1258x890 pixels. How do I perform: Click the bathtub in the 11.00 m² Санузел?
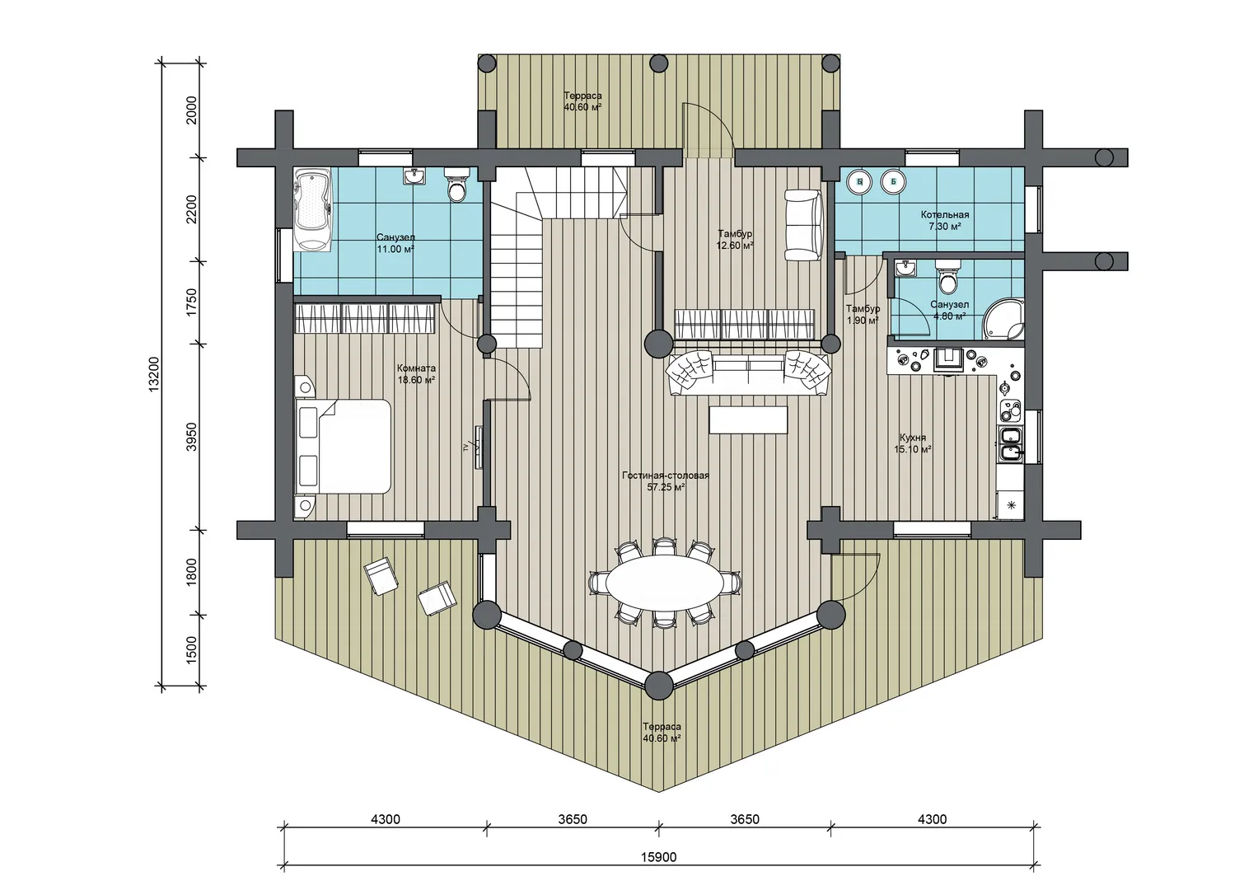click(x=313, y=209)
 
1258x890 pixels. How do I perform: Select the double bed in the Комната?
click(x=343, y=447)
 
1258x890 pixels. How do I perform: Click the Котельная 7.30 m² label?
click(x=945, y=221)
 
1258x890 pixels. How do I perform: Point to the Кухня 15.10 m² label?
click(x=913, y=443)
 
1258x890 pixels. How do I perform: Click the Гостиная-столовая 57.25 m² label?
click(x=666, y=481)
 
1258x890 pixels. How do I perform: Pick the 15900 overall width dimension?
click(x=659, y=857)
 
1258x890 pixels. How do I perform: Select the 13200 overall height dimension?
click(x=154, y=373)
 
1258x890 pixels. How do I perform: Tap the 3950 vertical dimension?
click(x=192, y=437)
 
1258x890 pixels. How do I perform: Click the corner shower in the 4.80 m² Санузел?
click(x=1004, y=319)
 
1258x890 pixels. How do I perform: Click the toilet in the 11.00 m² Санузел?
click(x=456, y=185)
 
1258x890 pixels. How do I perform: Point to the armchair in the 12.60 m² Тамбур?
click(x=804, y=225)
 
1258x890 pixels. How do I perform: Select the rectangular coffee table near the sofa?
click(x=748, y=419)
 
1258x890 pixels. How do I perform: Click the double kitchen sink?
click(x=1010, y=443)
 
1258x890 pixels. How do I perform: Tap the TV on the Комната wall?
click(x=478, y=447)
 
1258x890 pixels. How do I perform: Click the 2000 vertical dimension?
click(x=192, y=110)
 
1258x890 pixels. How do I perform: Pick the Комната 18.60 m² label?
click(x=416, y=374)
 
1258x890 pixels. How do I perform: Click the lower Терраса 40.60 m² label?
click(x=662, y=732)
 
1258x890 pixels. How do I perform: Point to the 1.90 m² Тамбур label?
click(x=863, y=315)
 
